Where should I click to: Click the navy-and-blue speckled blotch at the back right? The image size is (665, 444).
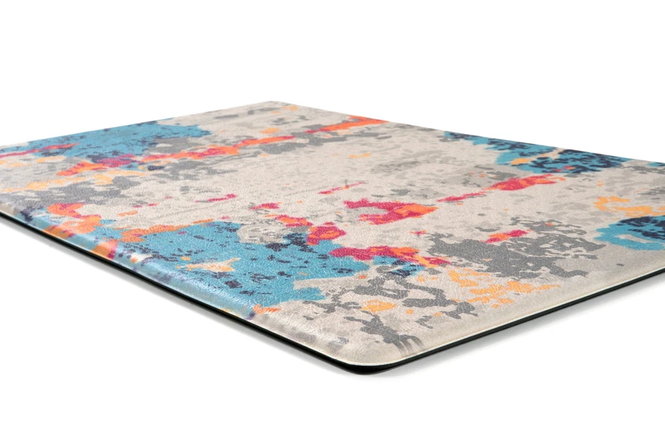[554, 158]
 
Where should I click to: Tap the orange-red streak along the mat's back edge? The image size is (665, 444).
[346, 125]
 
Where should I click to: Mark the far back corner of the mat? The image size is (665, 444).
[277, 103]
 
